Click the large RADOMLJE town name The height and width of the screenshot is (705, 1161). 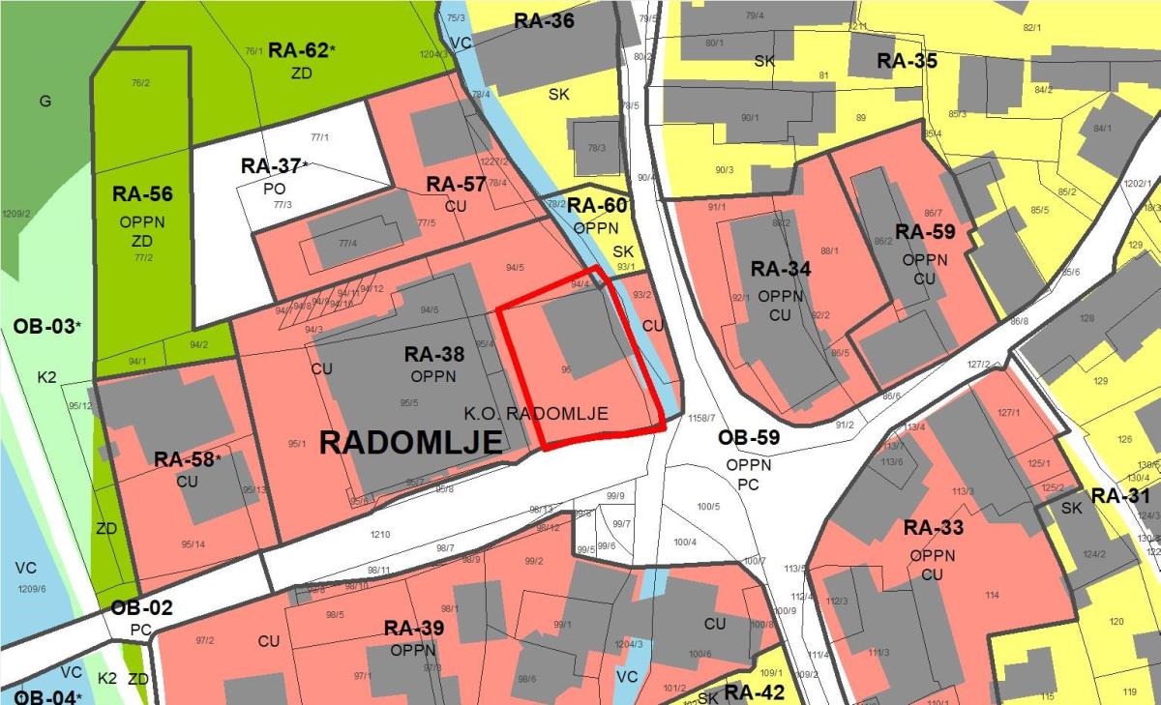(x=410, y=443)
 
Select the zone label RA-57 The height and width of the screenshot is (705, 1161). (x=456, y=185)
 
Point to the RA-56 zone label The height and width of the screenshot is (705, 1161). (x=142, y=193)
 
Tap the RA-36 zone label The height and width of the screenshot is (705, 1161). (x=544, y=20)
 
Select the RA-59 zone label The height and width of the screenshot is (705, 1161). (x=924, y=232)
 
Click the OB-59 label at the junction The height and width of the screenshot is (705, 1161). (x=748, y=438)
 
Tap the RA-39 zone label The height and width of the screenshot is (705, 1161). (x=414, y=628)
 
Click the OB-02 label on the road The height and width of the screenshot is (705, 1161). (x=141, y=608)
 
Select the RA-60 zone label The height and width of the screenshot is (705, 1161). (x=597, y=205)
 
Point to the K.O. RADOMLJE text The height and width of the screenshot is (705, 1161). (x=535, y=413)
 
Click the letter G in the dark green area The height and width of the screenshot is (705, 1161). (x=45, y=101)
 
